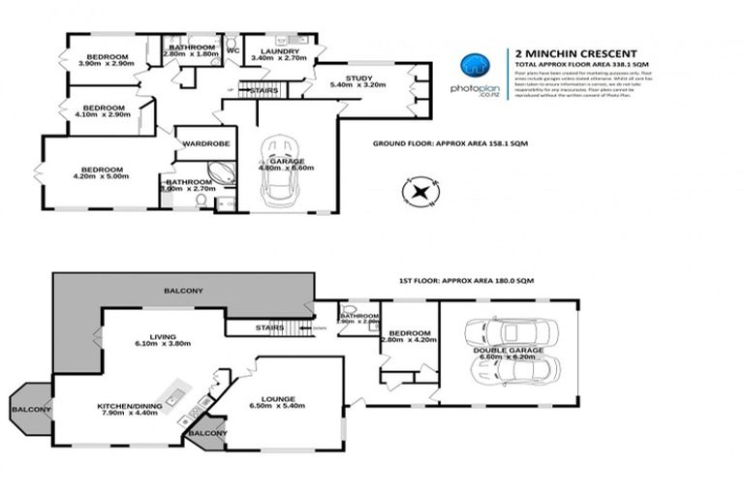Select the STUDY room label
point(358,77)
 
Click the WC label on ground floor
point(232,50)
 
